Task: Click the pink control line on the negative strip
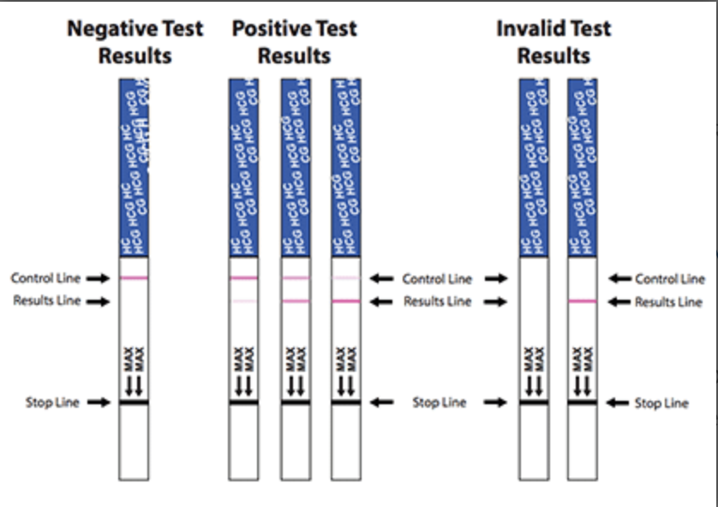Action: pyautogui.click(x=134, y=278)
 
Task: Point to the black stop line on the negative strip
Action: pyautogui.click(x=134, y=402)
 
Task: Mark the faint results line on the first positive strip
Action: pyautogui.click(x=244, y=301)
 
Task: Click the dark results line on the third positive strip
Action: pyautogui.click(x=346, y=301)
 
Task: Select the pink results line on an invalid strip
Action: pyautogui.click(x=583, y=301)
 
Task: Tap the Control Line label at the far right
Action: pyautogui.click(x=669, y=279)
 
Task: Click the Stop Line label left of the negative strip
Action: pyautogui.click(x=54, y=403)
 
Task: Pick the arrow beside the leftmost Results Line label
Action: pyautogui.click(x=99, y=301)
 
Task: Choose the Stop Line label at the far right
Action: pyautogui.click(x=661, y=403)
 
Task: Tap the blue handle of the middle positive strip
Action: pyautogui.click(x=296, y=167)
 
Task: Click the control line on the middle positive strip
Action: pyautogui.click(x=296, y=278)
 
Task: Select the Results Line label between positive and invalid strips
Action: pyautogui.click(x=437, y=301)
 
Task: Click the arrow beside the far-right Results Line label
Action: pyautogui.click(x=619, y=301)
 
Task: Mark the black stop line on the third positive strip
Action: pyautogui.click(x=346, y=402)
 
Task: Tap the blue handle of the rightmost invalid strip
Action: pyautogui.click(x=583, y=167)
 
